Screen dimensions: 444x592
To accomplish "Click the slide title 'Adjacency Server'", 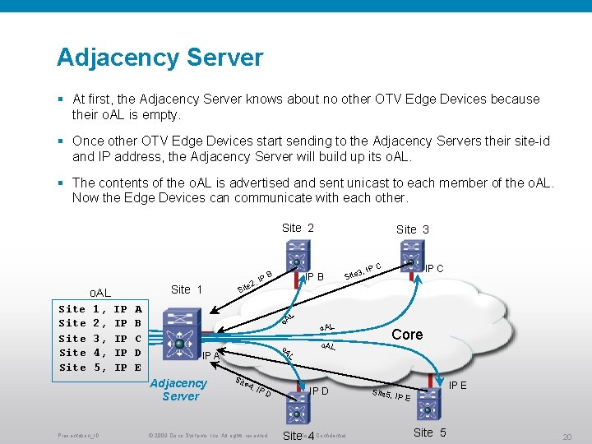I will click(x=160, y=58).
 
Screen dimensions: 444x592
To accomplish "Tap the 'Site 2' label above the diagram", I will click(x=298, y=228).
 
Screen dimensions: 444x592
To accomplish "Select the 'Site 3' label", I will click(x=412, y=229).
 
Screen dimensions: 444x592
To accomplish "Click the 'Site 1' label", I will click(x=186, y=289).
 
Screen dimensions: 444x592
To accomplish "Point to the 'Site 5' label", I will click(x=429, y=432).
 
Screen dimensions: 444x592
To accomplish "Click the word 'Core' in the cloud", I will click(x=407, y=335).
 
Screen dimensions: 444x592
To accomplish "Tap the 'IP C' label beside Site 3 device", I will click(x=434, y=268).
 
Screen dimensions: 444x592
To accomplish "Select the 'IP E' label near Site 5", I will click(x=459, y=385).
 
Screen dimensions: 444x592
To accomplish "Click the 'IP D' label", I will click(x=319, y=391).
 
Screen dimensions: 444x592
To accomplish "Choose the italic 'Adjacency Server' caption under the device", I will click(x=179, y=390).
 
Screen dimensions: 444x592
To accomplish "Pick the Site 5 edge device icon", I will click(x=428, y=403).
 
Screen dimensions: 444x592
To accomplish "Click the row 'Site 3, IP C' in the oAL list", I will click(x=100, y=338).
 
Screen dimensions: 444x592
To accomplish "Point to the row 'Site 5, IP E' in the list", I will click(x=100, y=368).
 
